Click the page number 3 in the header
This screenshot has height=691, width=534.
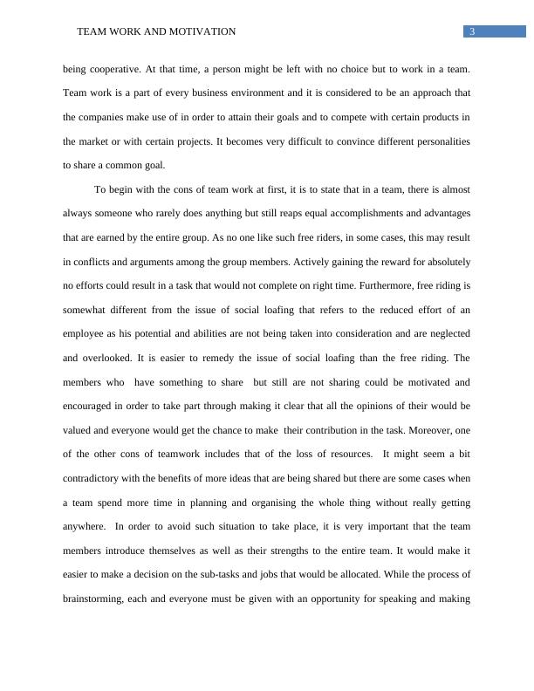[x=472, y=32]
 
